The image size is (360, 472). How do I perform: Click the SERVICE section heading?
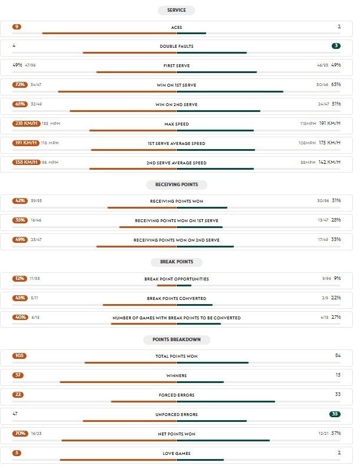(176, 11)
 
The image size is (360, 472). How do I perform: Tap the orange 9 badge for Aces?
(16, 27)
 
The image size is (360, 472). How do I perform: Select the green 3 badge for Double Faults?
(335, 46)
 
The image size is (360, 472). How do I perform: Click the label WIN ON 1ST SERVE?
(176, 85)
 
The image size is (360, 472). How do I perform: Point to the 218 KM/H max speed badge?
(26, 124)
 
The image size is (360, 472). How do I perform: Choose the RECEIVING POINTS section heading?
(176, 185)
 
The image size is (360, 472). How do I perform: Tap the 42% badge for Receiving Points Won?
(20, 201)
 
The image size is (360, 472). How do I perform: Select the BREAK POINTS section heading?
(176, 262)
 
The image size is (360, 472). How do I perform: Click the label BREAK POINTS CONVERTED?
(176, 298)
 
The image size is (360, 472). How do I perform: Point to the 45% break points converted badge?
(20, 298)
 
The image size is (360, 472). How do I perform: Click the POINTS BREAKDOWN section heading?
(176, 340)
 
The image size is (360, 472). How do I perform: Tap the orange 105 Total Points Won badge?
(19, 356)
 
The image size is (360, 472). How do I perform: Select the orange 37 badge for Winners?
(18, 375)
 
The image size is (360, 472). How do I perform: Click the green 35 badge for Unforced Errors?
(335, 414)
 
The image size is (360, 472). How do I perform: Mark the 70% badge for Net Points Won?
(20, 434)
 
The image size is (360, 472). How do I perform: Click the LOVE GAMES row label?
(176, 453)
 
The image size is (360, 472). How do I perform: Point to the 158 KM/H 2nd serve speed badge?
(26, 163)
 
